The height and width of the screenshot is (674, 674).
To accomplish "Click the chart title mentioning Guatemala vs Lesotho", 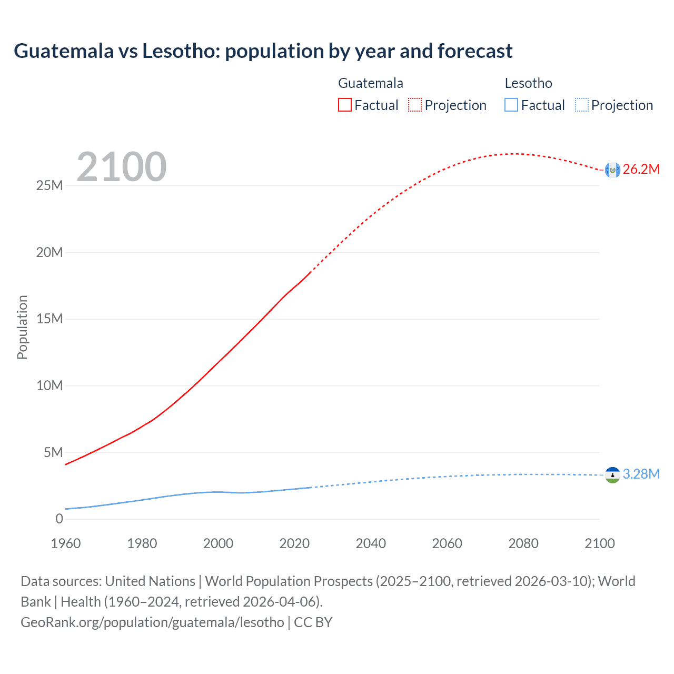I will click(x=263, y=51).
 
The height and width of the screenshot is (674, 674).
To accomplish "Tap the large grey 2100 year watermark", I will click(x=122, y=167).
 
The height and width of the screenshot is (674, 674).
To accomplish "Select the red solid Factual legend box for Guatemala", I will click(x=344, y=105).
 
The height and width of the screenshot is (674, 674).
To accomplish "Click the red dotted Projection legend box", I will click(x=415, y=105).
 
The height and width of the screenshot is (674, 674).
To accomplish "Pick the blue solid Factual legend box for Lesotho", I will click(x=511, y=105).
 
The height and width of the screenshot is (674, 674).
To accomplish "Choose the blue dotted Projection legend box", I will click(x=581, y=105).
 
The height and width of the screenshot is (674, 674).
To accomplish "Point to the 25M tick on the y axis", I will click(x=49, y=185).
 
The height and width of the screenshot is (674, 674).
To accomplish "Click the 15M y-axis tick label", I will click(x=49, y=319).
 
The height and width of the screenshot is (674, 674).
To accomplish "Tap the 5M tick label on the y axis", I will click(x=53, y=452).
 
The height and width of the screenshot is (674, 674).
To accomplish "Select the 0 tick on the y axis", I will click(x=59, y=519).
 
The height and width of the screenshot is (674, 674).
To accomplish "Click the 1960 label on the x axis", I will click(x=66, y=543).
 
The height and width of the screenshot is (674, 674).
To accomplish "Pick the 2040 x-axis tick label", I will click(x=371, y=543).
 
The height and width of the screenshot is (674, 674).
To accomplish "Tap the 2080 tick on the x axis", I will click(x=523, y=543).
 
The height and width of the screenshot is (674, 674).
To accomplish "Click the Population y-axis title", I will click(x=22, y=327).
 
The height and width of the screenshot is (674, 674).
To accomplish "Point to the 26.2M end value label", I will click(x=641, y=169).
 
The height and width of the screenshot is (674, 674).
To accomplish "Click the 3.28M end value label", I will click(x=641, y=474).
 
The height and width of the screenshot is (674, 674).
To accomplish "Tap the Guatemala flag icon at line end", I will click(x=612, y=170).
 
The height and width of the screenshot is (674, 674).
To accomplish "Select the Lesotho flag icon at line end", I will click(x=612, y=475).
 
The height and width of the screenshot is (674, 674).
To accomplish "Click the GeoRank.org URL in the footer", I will click(x=152, y=622).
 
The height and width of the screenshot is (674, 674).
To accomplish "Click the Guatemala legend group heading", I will click(x=370, y=83).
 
